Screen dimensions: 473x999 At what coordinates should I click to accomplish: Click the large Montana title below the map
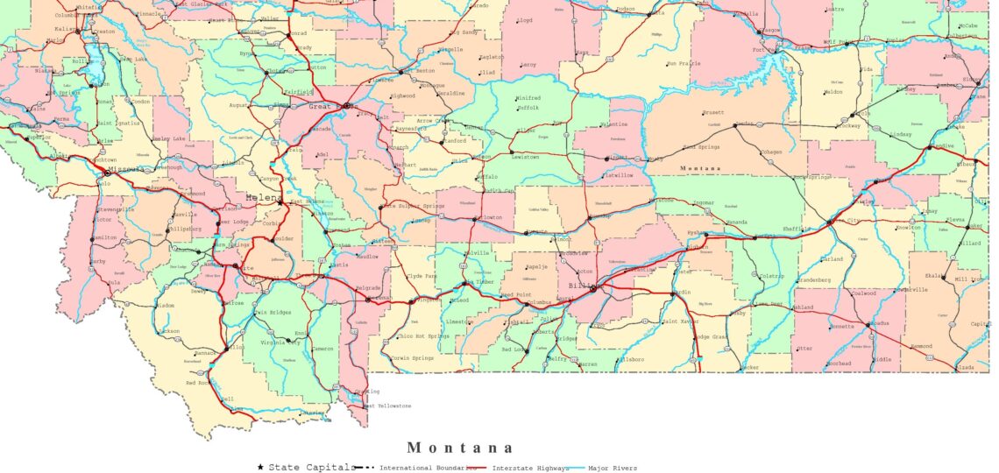(x=460, y=448)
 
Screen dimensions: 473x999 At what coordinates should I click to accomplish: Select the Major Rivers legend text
(x=613, y=468)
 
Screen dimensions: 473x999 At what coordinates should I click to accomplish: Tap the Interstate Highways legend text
(x=529, y=468)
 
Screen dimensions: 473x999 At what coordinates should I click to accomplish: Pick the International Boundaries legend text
(x=429, y=468)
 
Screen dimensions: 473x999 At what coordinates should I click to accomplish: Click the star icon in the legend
(x=261, y=467)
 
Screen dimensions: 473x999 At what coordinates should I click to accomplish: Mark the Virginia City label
(x=280, y=343)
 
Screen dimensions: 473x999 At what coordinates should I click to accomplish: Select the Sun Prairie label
(x=684, y=63)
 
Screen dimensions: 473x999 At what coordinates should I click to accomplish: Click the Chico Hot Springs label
(x=423, y=335)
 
